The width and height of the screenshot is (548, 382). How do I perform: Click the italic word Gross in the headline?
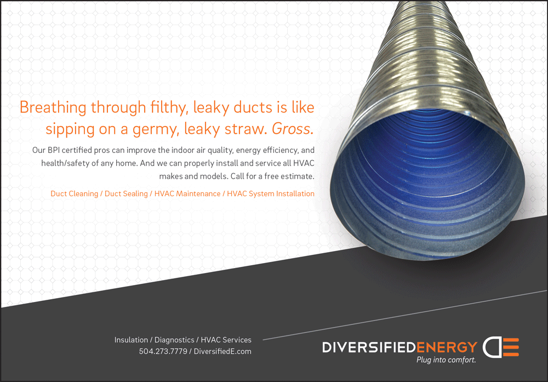pos(293,129)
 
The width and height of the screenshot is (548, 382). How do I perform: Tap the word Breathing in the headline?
pos(53,107)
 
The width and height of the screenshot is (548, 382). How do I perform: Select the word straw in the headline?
pos(245,129)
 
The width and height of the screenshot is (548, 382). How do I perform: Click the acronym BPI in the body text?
pos(54,150)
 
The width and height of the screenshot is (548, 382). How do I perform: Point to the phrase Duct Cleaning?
pos(74,193)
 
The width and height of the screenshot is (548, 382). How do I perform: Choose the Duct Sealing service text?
pos(126,193)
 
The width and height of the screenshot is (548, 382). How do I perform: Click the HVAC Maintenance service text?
pos(187,193)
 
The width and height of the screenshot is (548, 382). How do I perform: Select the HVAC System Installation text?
pos(271,193)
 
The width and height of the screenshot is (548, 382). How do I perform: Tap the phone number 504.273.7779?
pos(163,351)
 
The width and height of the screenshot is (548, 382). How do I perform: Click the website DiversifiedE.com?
pos(222,351)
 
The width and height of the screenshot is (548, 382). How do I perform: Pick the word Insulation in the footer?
pos(131,340)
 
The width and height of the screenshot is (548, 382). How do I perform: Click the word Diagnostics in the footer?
pos(174,340)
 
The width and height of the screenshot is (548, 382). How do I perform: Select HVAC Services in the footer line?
pos(226,340)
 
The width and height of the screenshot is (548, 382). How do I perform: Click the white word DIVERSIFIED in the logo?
pos(369,347)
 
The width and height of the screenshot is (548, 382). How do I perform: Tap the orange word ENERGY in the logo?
pos(447,347)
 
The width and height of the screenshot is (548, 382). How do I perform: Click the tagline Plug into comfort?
pos(446,360)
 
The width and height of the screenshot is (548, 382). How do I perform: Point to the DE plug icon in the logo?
pos(500,347)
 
